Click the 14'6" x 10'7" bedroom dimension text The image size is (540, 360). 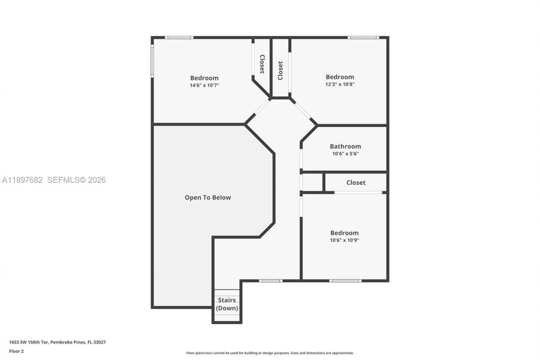pyautogui.click(x=204, y=85)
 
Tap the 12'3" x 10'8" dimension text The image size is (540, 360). pyautogui.click(x=340, y=84)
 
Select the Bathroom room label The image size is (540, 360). pyautogui.click(x=345, y=146)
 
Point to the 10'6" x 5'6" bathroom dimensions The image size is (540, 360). pyautogui.click(x=345, y=154)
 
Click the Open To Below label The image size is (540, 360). pyautogui.click(x=208, y=198)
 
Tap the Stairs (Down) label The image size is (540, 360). pyautogui.click(x=227, y=304)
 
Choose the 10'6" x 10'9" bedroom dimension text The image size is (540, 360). pyautogui.click(x=344, y=240)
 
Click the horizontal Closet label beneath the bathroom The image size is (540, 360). pyautogui.click(x=356, y=182)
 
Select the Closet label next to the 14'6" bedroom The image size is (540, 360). pyautogui.click(x=262, y=64)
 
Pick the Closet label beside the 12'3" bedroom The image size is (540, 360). pyautogui.click(x=280, y=70)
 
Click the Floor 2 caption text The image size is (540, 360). pyautogui.click(x=16, y=351)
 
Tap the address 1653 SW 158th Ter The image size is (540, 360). pyautogui.click(x=57, y=342)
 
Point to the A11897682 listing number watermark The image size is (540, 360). pyautogui.click(x=22, y=180)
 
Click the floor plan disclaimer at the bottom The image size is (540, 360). pyautogui.click(x=270, y=353)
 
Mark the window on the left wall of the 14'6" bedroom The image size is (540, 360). pyautogui.click(x=152, y=61)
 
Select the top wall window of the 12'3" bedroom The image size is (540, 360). pyautogui.click(x=363, y=38)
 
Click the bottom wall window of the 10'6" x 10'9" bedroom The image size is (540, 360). pyautogui.click(x=345, y=281)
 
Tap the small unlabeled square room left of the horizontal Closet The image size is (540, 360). pyautogui.click(x=312, y=182)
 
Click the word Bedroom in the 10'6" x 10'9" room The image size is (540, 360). pyautogui.click(x=344, y=233)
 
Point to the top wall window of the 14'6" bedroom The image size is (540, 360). pyautogui.click(x=179, y=38)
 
